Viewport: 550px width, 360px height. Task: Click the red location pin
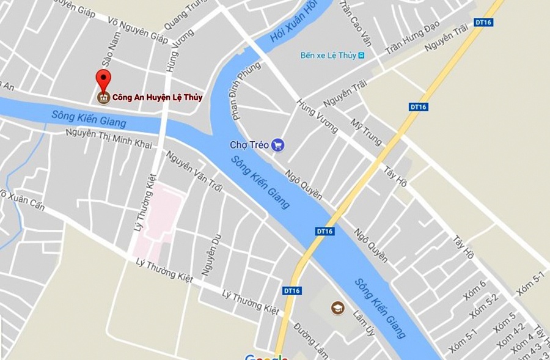click(x=103, y=81)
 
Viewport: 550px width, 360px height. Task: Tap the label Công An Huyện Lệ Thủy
click(x=157, y=97)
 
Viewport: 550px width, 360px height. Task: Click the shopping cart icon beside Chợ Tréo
click(x=278, y=145)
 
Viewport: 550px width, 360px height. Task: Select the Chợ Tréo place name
click(x=249, y=145)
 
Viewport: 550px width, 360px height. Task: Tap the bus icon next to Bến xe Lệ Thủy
click(x=362, y=56)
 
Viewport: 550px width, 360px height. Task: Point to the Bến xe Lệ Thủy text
click(x=328, y=56)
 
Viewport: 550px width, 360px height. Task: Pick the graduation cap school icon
click(x=337, y=307)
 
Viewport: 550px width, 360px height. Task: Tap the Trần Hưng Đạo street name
click(x=413, y=40)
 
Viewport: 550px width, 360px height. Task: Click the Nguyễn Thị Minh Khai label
click(x=109, y=139)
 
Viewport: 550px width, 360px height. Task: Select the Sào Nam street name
click(x=111, y=50)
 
